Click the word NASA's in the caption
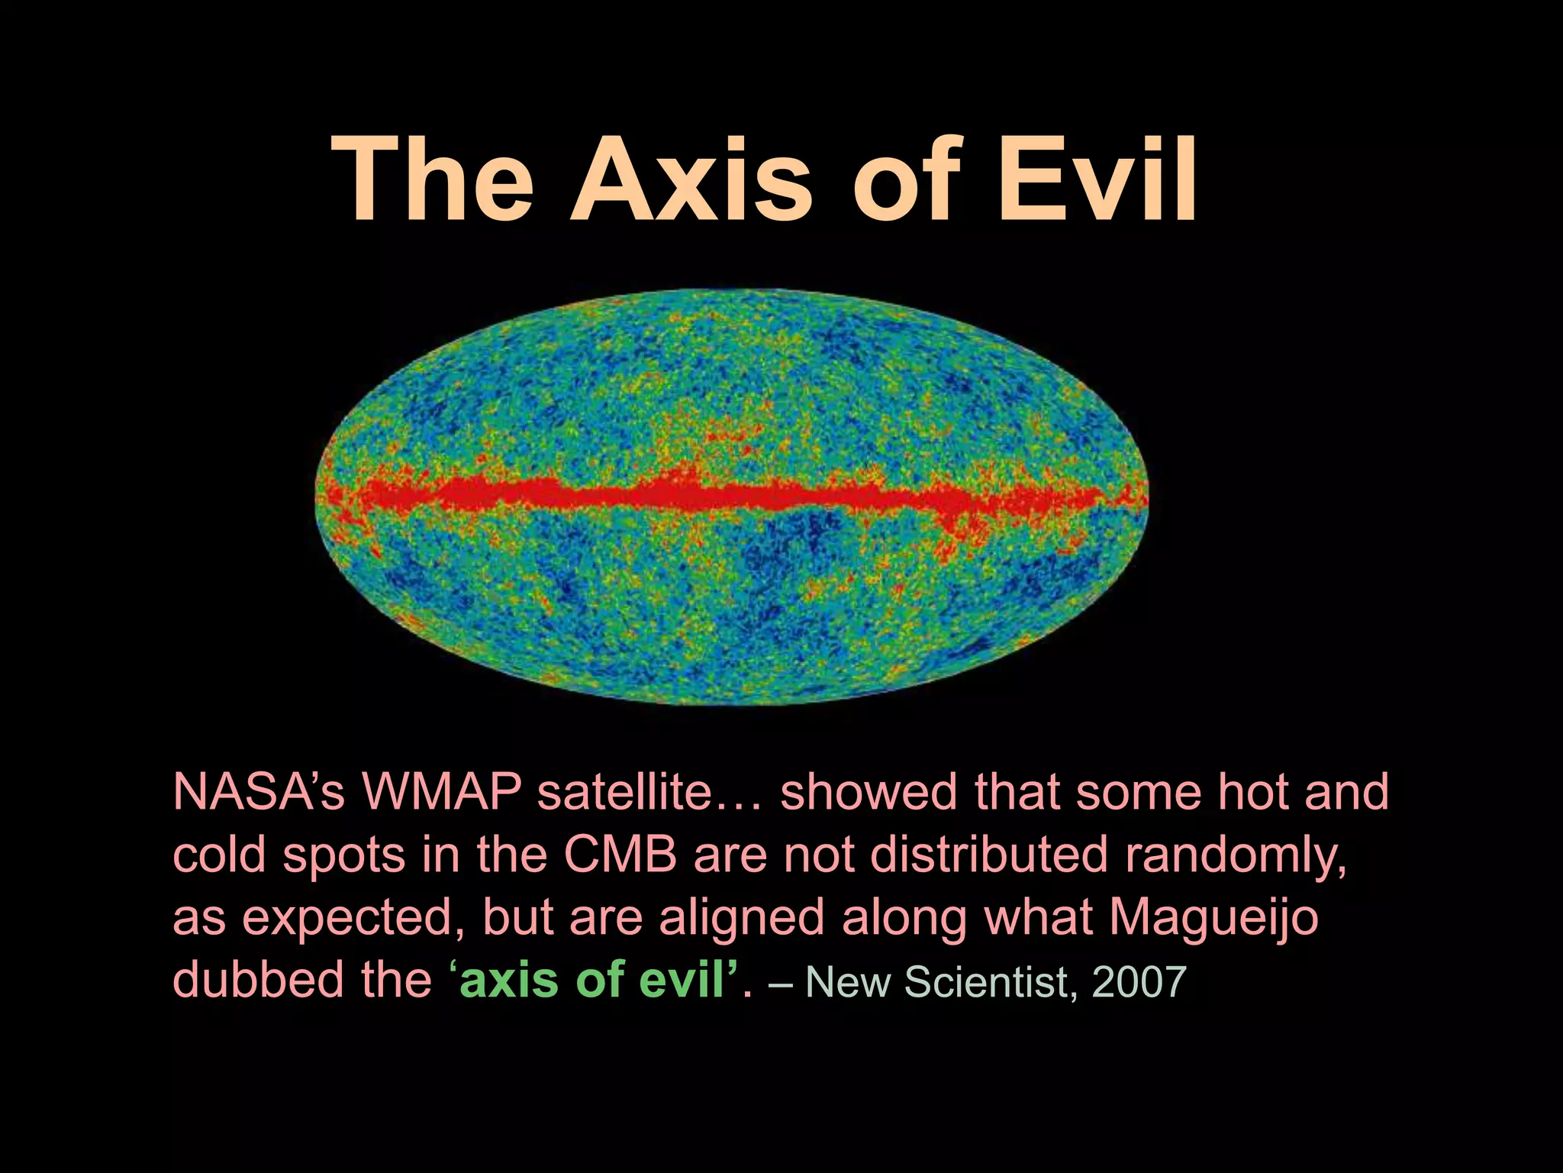[x=259, y=792]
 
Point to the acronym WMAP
[x=442, y=792]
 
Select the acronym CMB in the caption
[x=620, y=855]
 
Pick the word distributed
[x=989, y=855]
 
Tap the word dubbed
[x=259, y=980]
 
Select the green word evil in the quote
[x=681, y=980]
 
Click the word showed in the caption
[x=868, y=792]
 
